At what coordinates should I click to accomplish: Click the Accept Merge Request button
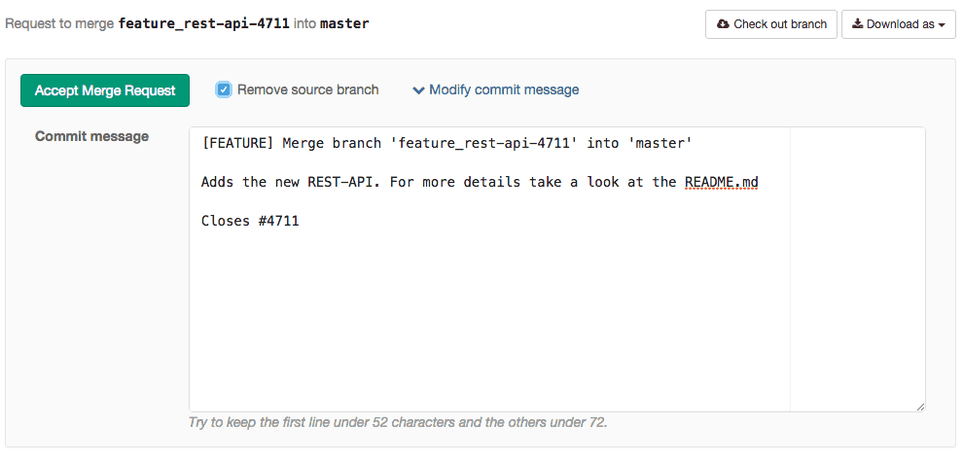click(105, 90)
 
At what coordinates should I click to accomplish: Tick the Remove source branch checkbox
click(224, 90)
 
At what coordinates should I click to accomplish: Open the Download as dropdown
click(898, 24)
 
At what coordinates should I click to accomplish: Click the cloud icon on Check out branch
click(723, 24)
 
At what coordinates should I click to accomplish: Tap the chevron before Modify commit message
click(418, 90)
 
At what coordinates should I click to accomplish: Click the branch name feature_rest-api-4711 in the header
click(203, 24)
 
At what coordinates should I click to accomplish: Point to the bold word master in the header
click(344, 24)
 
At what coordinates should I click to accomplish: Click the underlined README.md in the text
click(722, 182)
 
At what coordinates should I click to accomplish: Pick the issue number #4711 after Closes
click(279, 221)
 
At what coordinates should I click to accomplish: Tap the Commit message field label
click(91, 136)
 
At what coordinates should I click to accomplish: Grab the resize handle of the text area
click(920, 407)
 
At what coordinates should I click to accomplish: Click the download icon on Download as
click(857, 24)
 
